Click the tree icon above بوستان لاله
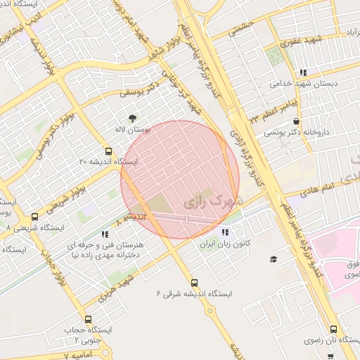[x=133, y=117]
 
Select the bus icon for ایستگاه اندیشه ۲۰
[x=108, y=151]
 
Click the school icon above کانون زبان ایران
[x=224, y=233]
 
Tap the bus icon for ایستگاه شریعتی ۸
[x=35, y=217]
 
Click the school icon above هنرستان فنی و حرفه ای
[x=104, y=234]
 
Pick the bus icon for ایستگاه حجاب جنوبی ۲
[x=88, y=320]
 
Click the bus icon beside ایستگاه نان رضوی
[x=333, y=328]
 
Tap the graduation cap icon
[x=273, y=259]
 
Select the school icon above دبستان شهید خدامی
[x=303, y=72]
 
